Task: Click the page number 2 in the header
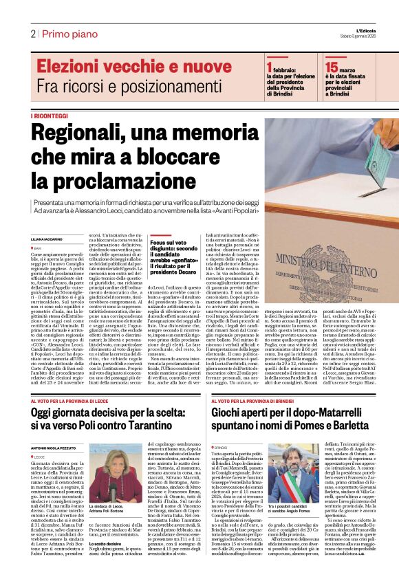(x=32, y=34)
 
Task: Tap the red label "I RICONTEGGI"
(x=50, y=116)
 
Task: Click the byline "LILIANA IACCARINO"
(x=47, y=239)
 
